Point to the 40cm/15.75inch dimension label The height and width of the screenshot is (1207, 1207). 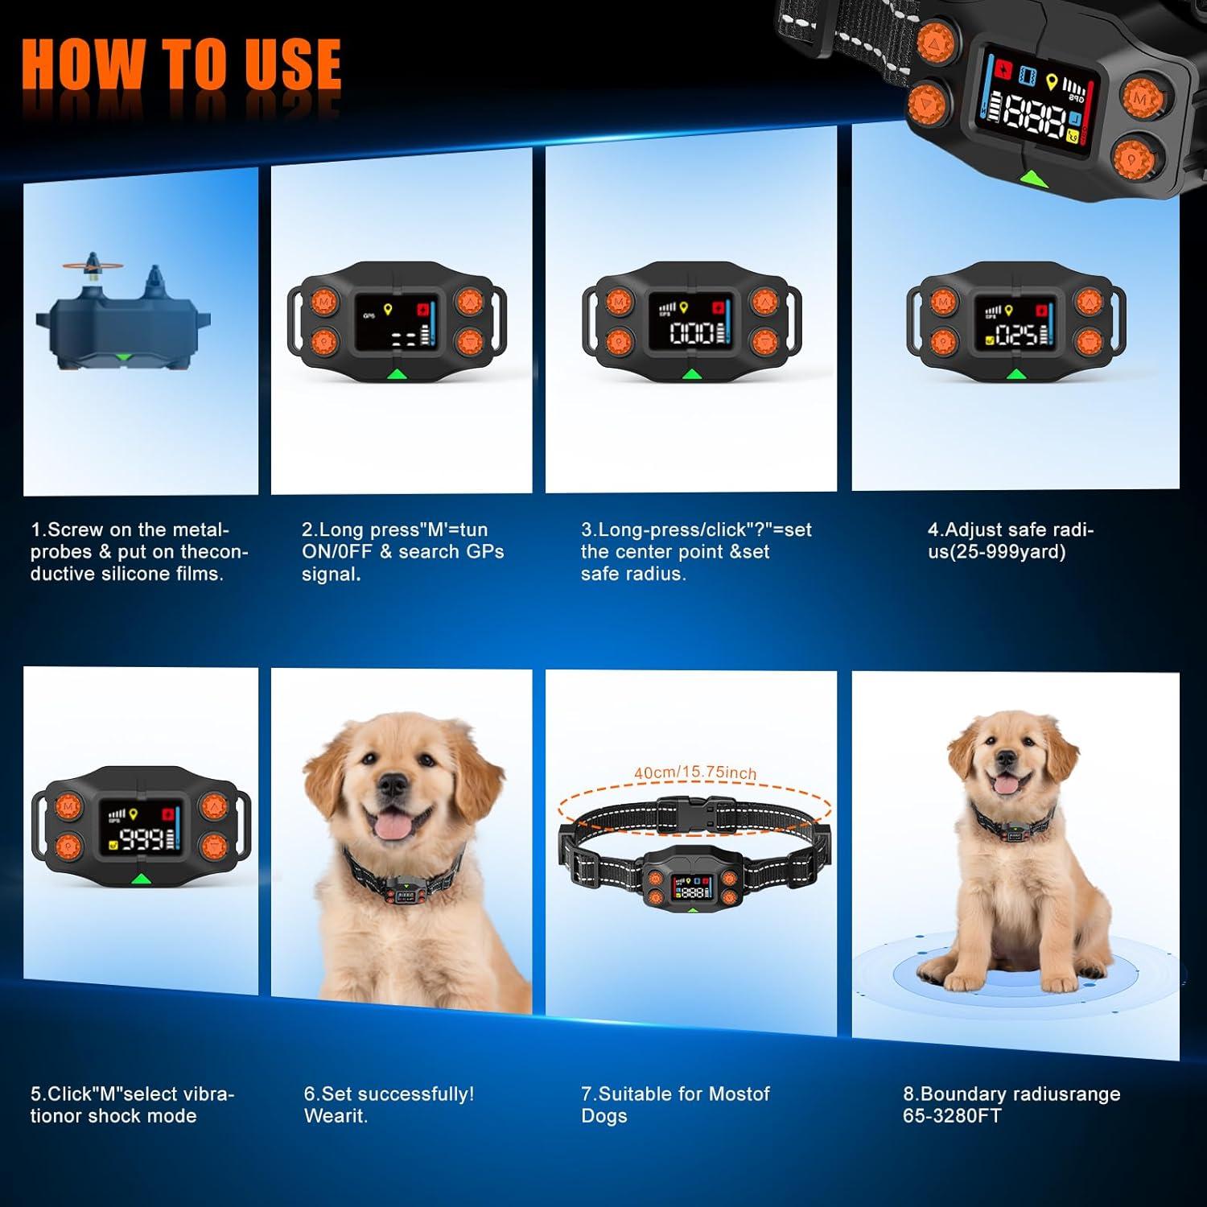point(695,772)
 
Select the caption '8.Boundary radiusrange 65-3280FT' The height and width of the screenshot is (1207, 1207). point(1011,1105)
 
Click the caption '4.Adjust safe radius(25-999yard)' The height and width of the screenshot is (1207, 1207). point(1011,541)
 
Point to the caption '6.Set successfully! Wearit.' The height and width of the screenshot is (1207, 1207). point(389,1105)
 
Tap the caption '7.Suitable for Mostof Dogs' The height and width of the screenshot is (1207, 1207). point(675,1105)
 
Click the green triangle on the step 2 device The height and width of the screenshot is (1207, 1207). point(397,373)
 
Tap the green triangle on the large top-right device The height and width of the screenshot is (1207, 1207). point(1032,178)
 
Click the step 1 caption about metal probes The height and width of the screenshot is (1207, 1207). point(139,552)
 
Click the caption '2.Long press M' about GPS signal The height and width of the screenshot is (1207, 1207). point(402,552)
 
